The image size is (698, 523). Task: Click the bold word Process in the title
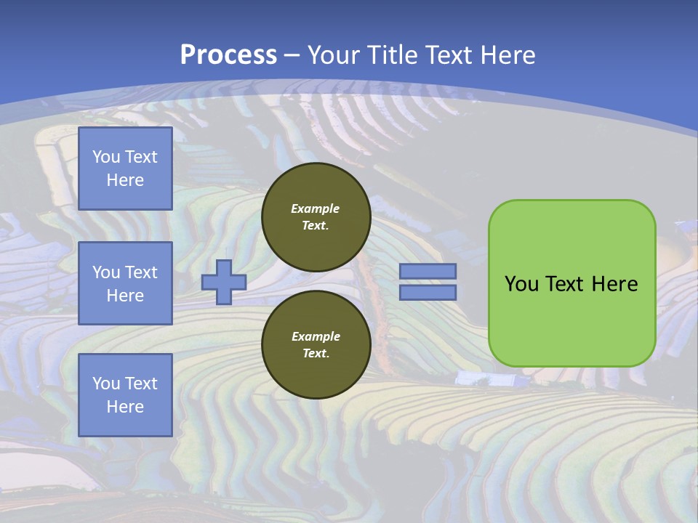point(228,55)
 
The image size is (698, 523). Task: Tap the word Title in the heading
point(392,55)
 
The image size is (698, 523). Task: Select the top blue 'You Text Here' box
point(125,169)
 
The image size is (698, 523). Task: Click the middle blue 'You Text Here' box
point(125,283)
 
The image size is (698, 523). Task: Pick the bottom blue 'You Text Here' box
point(125,395)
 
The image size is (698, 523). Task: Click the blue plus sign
point(223,282)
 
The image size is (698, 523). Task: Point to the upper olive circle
point(316,217)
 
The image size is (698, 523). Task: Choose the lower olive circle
point(316,345)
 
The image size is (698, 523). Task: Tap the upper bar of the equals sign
point(428,271)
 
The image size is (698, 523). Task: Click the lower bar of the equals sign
point(428,293)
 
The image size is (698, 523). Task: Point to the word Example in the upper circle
point(316,208)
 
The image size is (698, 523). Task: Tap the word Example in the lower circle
point(316,336)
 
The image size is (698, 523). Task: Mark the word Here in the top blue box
point(125,180)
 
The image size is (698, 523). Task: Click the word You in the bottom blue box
point(106,384)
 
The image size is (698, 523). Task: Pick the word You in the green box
point(521,284)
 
